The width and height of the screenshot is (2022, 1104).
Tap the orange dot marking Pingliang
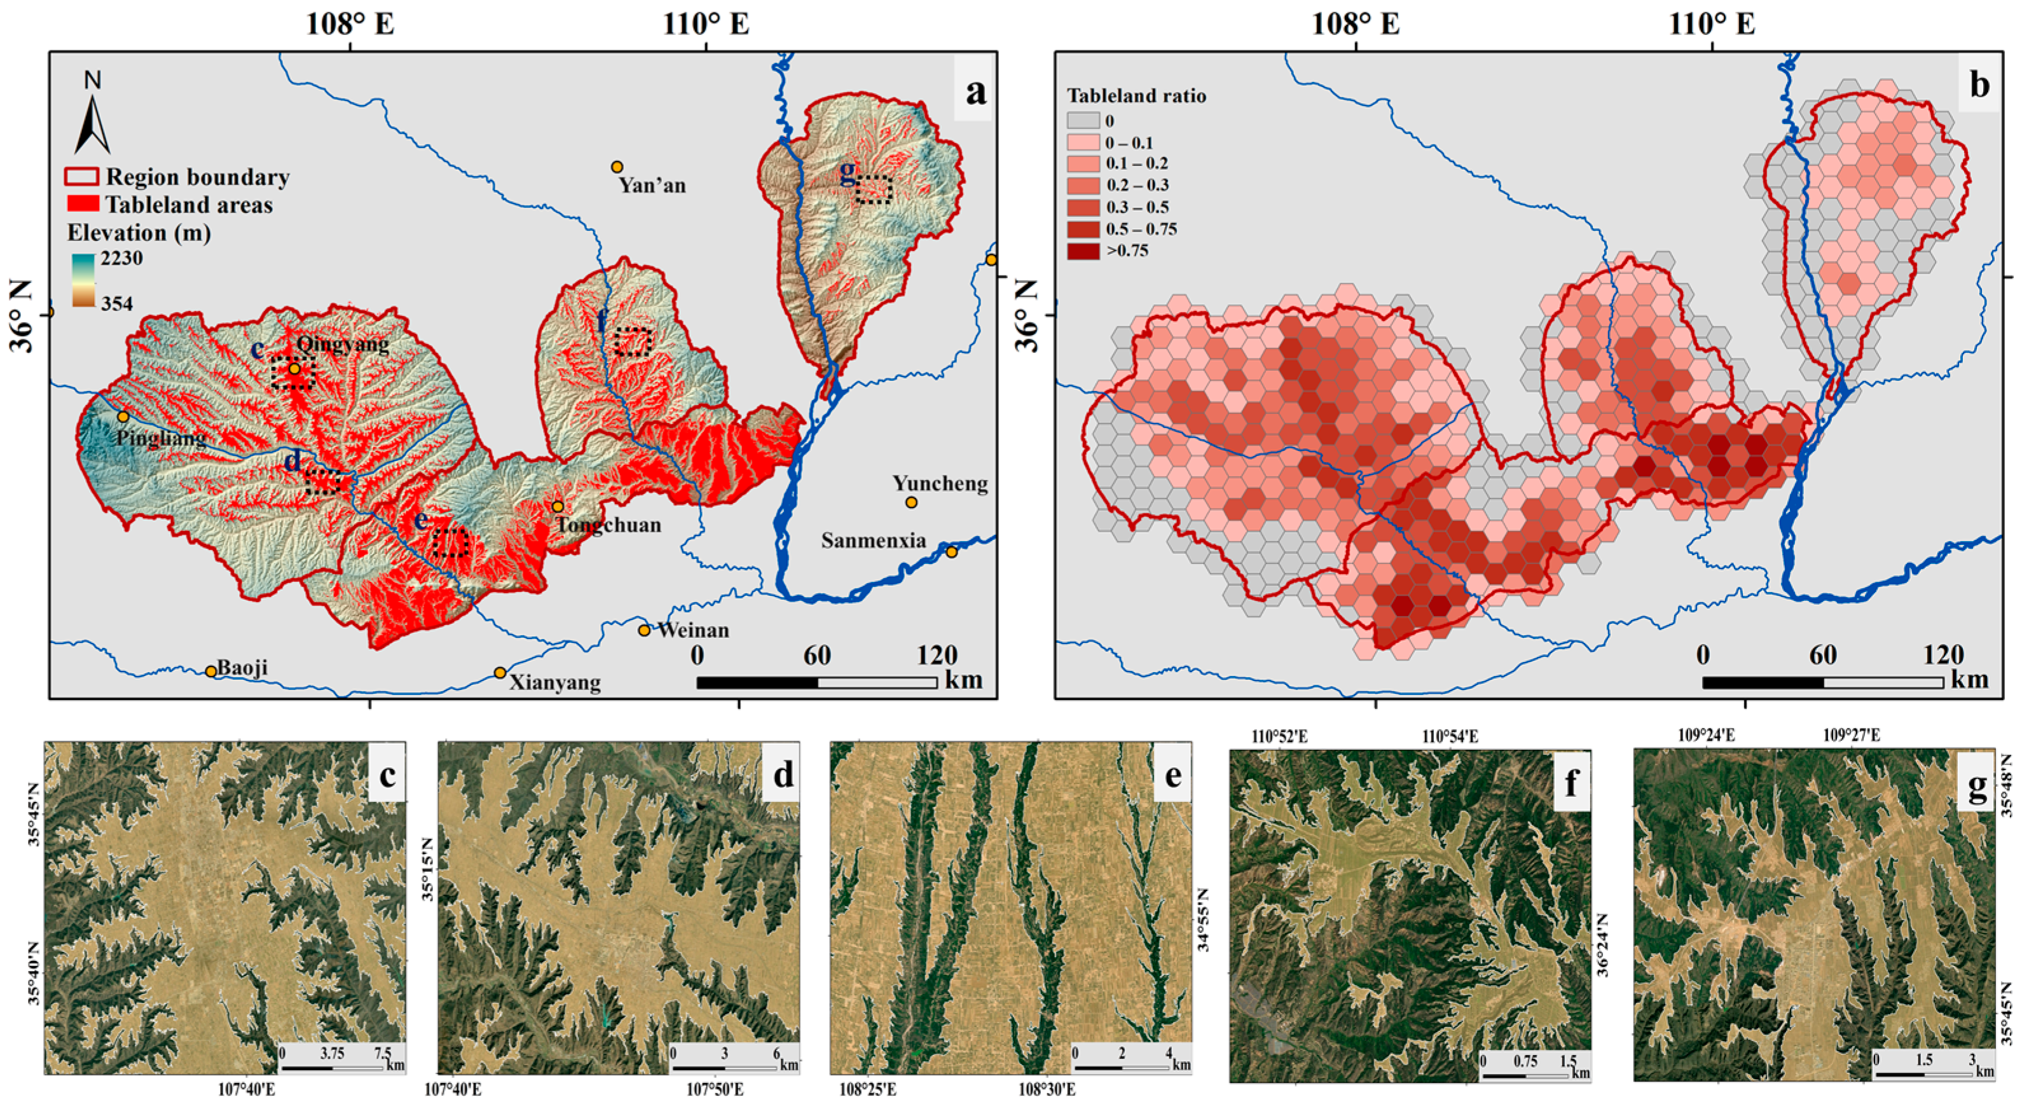tap(123, 416)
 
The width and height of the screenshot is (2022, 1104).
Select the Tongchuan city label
tap(609, 525)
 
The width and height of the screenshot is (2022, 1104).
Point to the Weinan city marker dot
tap(645, 630)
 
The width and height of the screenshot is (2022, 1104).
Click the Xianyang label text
tap(555, 682)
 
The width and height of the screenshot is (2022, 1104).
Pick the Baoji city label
tap(242, 668)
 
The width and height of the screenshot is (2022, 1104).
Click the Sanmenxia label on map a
tap(873, 540)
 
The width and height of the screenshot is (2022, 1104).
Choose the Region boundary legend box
tap(81, 177)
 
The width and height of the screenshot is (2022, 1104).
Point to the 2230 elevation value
tap(121, 258)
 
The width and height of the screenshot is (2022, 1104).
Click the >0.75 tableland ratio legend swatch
tap(1082, 251)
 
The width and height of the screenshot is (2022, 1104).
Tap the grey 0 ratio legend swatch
tap(1082, 121)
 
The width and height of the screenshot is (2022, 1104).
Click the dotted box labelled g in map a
tap(874, 190)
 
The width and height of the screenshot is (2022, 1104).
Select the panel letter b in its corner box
tap(1979, 85)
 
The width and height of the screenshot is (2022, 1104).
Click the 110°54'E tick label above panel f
tap(1450, 736)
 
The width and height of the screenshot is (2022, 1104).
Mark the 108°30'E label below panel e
tap(1047, 1090)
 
